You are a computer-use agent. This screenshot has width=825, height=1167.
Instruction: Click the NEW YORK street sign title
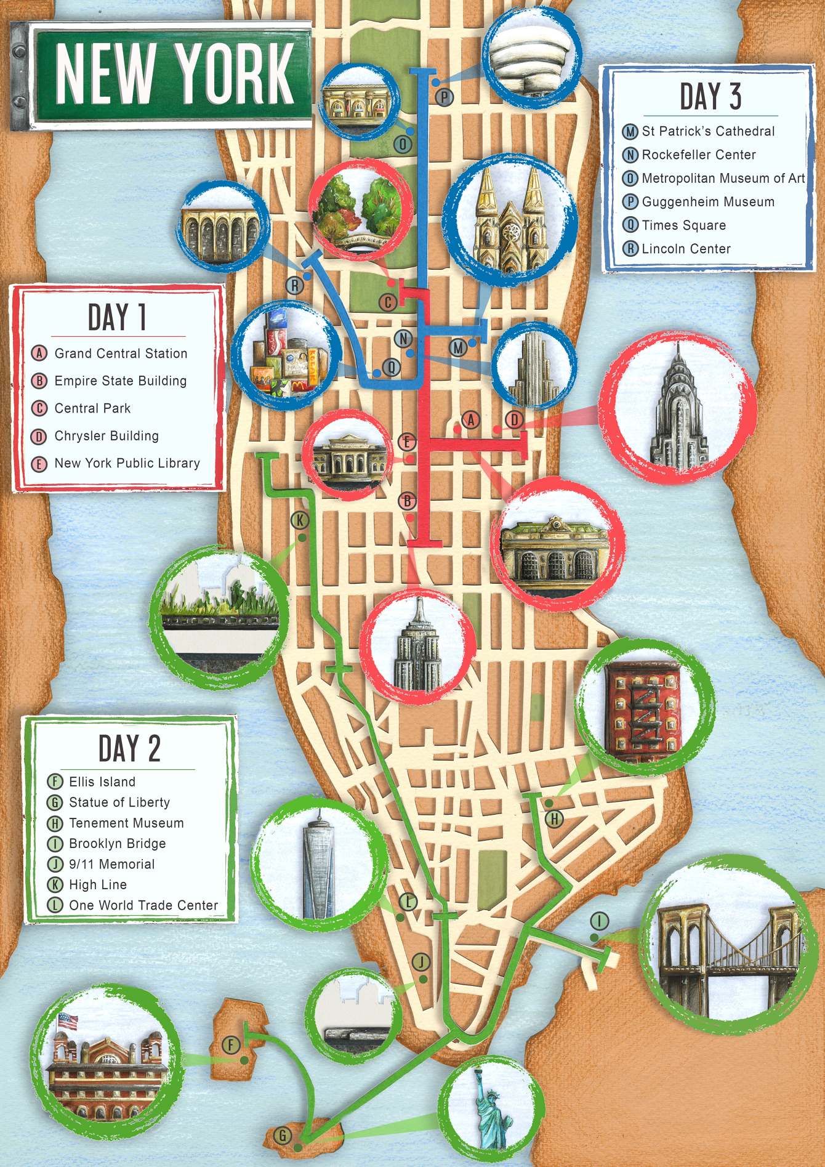point(175,73)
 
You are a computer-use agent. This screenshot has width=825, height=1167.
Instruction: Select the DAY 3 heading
point(710,97)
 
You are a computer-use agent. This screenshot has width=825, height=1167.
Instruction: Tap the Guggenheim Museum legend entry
point(707,201)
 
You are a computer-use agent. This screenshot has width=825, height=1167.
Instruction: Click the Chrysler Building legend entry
point(106,436)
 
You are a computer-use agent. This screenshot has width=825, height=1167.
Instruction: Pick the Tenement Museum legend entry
point(126,823)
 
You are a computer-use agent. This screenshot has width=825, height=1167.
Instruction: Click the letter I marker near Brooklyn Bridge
point(599,921)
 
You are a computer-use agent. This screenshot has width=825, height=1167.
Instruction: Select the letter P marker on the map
point(444,97)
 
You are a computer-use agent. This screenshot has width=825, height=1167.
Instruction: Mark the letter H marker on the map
point(554,818)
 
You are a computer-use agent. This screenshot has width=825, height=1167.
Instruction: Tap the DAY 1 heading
point(117,318)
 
